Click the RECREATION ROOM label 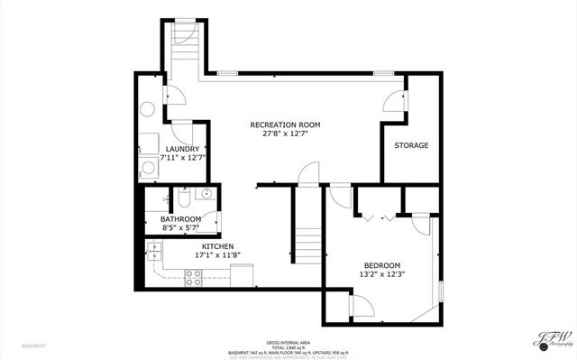pyautogui.click(x=285, y=125)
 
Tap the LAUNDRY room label pyautogui.click(x=182, y=148)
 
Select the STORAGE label pyautogui.click(x=411, y=145)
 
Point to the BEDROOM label pyautogui.click(x=382, y=265)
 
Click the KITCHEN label pyautogui.click(x=217, y=246)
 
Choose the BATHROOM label pyautogui.click(x=180, y=219)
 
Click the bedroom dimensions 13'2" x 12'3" pyautogui.click(x=382, y=274)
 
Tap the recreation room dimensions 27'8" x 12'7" pyautogui.click(x=285, y=134)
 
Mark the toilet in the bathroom pyautogui.click(x=183, y=197)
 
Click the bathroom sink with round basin pyautogui.click(x=207, y=193)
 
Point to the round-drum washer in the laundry pyautogui.click(x=150, y=167)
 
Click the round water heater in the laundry pyautogui.click(x=147, y=109)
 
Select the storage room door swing pyautogui.click(x=395, y=102)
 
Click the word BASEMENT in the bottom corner pyautogui.click(x=35, y=346)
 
